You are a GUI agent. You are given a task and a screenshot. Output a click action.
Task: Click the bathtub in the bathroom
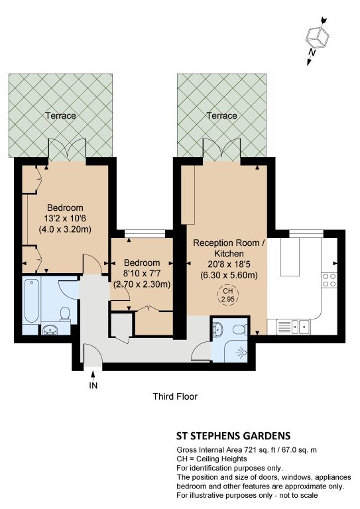(x=32, y=300)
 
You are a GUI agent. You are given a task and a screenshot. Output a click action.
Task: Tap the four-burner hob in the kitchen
(x=329, y=280)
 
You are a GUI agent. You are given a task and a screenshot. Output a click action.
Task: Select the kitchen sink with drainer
(x=293, y=327)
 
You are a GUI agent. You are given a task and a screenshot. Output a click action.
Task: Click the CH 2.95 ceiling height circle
(x=227, y=295)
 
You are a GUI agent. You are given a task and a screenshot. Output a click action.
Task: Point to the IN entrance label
(x=93, y=385)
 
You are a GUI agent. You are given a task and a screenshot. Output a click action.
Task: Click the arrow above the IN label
(x=93, y=376)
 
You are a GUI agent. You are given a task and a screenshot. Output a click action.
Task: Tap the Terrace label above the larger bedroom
(x=61, y=115)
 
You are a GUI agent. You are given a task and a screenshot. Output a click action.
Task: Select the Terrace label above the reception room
(x=222, y=115)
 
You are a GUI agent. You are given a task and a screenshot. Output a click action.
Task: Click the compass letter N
(x=312, y=52)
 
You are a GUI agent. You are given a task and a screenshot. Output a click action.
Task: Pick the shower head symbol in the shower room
(x=241, y=352)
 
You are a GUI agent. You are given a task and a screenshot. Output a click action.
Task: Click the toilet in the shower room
(x=240, y=330)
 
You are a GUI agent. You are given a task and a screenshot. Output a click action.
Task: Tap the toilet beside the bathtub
(x=65, y=314)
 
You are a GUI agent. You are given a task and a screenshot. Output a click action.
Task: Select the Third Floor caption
(x=175, y=396)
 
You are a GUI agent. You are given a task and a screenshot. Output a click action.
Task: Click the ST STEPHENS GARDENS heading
(x=233, y=435)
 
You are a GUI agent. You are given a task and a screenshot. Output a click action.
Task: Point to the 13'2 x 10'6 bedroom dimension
(x=65, y=219)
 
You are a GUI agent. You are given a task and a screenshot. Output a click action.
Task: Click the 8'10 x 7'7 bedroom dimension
(x=142, y=273)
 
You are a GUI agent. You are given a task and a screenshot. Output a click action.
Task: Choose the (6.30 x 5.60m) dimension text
(x=229, y=275)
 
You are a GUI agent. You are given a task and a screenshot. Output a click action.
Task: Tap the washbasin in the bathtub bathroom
(x=50, y=329)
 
